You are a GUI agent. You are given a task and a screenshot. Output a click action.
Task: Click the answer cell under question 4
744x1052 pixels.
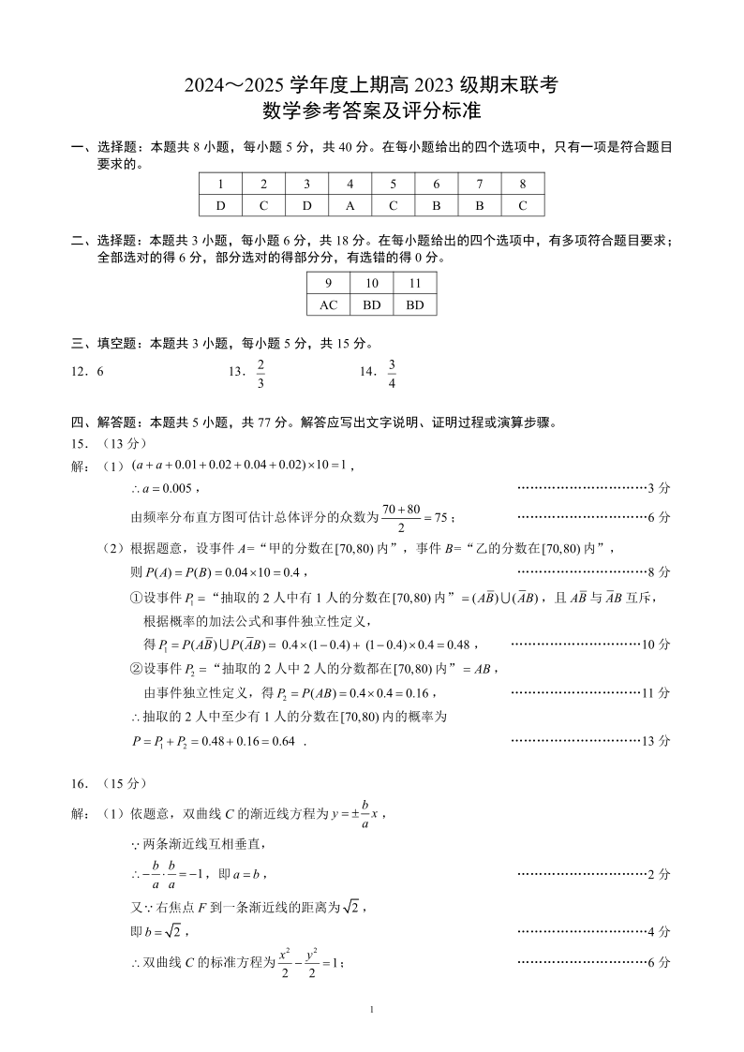coord(350,205)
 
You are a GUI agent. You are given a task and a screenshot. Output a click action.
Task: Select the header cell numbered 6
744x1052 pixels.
coord(437,184)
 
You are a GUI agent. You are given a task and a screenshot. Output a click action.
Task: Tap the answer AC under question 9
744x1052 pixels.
coord(328,304)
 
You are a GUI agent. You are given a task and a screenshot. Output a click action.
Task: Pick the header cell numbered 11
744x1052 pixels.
coord(415,283)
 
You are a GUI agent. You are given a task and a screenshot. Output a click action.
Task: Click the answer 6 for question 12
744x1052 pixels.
coord(100,372)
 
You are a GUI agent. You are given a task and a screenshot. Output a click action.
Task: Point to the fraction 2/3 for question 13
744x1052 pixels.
coord(260,372)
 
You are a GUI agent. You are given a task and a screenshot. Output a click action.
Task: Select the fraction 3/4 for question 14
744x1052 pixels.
coord(392,372)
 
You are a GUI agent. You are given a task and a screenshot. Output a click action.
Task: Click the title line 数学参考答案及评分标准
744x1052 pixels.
coord(371,112)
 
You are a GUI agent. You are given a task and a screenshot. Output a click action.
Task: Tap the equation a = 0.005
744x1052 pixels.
coord(164,488)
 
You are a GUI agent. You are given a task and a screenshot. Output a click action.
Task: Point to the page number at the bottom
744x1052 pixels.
coord(372,1009)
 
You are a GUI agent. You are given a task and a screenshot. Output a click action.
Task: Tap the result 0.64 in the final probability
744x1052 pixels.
coord(282,741)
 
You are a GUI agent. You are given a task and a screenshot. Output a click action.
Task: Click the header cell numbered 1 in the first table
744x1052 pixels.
coord(220,184)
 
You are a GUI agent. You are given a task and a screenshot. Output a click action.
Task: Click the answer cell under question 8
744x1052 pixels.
coord(523,205)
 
